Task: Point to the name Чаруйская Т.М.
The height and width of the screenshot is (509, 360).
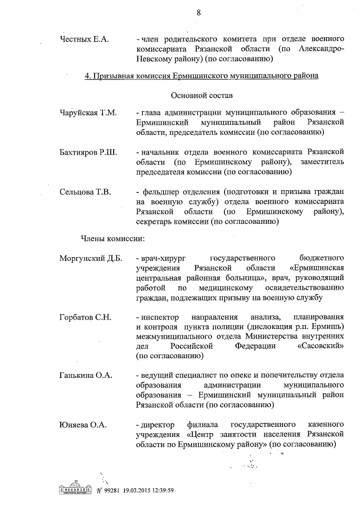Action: click(88, 113)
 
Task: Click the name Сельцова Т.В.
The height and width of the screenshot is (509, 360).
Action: click(85, 192)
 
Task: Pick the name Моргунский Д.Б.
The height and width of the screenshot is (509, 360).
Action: click(90, 258)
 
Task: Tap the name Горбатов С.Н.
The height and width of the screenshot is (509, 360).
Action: click(85, 317)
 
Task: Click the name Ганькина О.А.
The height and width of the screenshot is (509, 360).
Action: click(86, 375)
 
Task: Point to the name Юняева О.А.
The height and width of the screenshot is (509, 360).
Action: click(83, 424)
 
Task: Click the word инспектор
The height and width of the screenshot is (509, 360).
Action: click(161, 317)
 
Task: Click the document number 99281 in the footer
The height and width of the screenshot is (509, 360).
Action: click(114, 490)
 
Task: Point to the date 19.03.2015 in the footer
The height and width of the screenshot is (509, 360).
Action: click(142, 490)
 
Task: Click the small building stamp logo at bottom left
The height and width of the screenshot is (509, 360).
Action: click(75, 489)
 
